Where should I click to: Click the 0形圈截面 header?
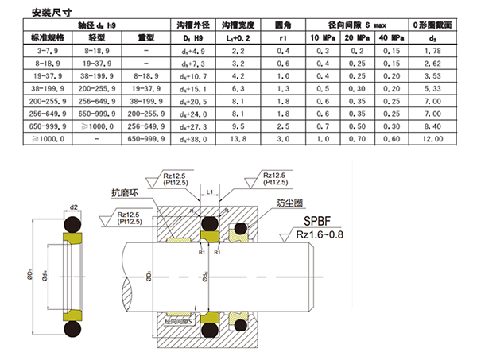coord(433,25)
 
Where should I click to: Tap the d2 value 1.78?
coord(433,49)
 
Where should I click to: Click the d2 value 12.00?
coord(433,138)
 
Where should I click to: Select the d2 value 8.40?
coord(433,126)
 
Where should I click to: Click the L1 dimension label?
coord(209,193)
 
